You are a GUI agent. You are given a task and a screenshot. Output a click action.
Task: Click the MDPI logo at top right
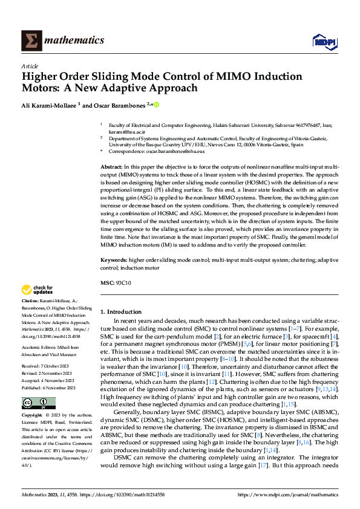[x=324, y=41]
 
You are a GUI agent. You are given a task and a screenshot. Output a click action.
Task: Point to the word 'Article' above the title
[x=30, y=66]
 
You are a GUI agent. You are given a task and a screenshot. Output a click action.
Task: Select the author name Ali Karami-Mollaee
[x=49, y=105]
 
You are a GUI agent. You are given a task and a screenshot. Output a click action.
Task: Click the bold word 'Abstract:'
[x=111, y=166]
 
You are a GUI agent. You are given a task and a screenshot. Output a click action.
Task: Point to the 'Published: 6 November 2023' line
[x=49, y=387]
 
